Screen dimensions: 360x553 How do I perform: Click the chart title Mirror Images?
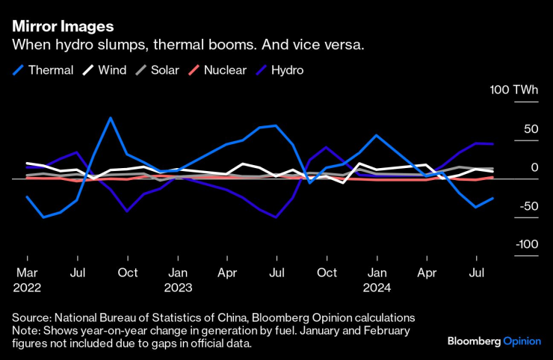coord(62,28)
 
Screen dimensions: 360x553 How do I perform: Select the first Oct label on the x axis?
coord(127,273)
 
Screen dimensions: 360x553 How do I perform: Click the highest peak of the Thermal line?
coord(111,118)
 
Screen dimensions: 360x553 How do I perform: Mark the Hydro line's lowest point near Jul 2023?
coord(276,217)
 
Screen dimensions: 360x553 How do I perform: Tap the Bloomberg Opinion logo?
coord(493,341)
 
